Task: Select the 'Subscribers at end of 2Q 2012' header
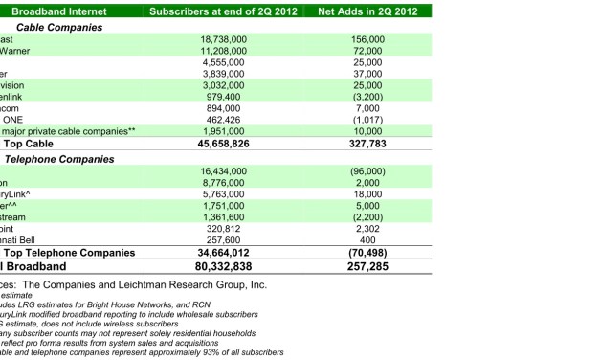coord(226,11)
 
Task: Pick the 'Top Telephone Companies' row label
coord(80,253)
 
